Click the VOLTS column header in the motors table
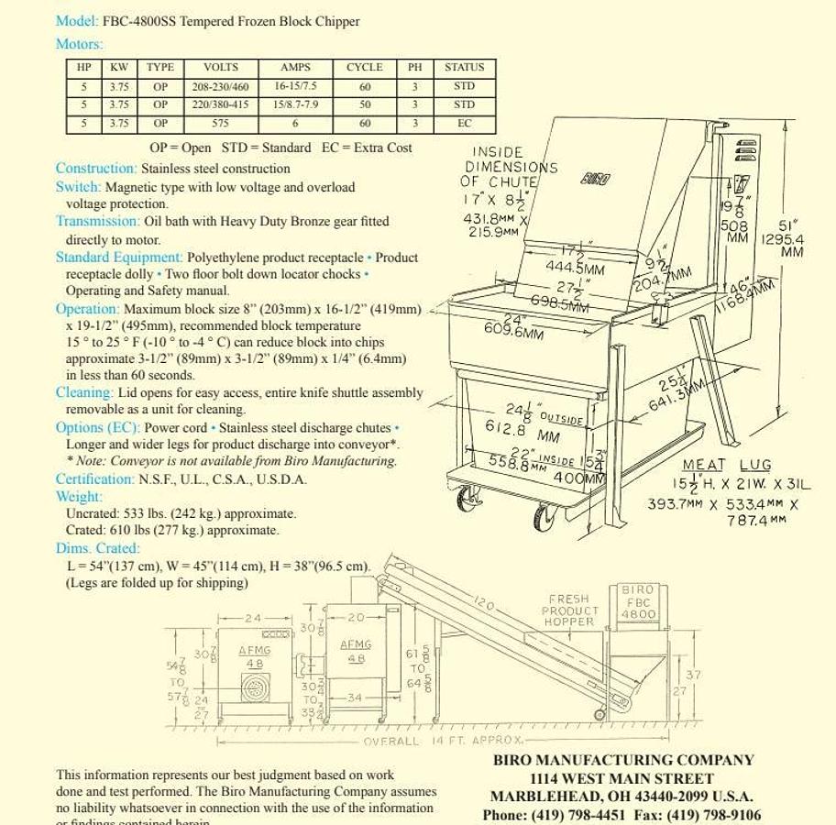220,67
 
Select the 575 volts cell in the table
220,123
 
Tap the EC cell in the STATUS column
464,123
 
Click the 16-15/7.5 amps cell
295,86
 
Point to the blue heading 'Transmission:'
98,221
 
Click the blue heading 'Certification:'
94,478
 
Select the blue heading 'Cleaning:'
85,392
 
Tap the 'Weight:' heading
80,496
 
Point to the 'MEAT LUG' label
727,466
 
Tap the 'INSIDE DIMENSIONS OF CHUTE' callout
510,167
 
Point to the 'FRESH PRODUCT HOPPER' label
569,610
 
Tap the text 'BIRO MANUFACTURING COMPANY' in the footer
623,760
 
